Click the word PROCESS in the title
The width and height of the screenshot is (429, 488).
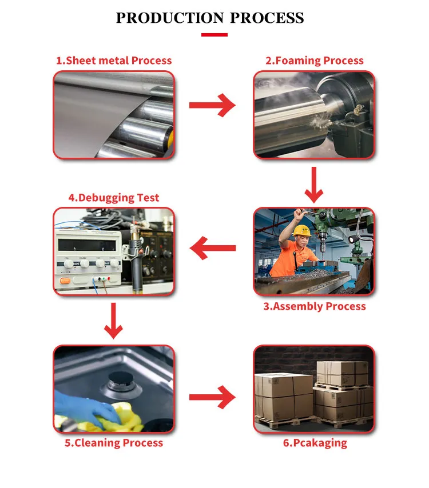267,18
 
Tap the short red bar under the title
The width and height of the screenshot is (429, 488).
214,35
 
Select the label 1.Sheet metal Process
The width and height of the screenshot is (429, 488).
113,61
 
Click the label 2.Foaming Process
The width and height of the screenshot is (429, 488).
314,61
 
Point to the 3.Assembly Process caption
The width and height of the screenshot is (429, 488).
314,306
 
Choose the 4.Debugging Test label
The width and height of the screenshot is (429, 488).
114,198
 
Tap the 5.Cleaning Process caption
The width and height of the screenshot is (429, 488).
114,443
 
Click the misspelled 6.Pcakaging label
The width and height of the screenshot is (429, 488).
314,443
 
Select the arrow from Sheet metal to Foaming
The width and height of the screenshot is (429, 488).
212,105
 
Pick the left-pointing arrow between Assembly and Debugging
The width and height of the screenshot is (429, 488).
212,248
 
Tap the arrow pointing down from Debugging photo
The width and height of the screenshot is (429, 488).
114,321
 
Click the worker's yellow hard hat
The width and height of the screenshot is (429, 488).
301,230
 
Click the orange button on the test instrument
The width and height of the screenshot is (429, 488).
65,279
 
